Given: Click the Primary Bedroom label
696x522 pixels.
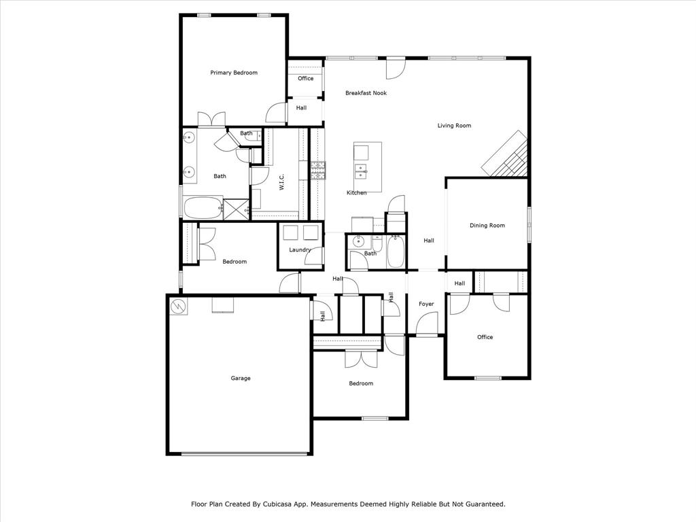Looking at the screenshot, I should pos(234,73).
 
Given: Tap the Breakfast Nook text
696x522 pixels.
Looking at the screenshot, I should pos(366,93).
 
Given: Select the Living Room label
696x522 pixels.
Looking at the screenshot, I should pos(454,126).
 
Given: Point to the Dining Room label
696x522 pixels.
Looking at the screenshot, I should pos(487,226).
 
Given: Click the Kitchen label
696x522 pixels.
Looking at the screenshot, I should pos(356,193).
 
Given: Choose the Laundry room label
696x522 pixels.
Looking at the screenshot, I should pos(300,250).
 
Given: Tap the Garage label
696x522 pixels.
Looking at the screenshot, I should pos(240,379).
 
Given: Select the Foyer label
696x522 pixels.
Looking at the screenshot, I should pos(426,304).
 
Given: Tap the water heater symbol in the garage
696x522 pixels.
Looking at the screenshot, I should pos(178,307).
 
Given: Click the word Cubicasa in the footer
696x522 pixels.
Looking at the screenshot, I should pos(281,504).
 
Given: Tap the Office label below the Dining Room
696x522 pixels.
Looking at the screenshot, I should pos(485,337).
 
